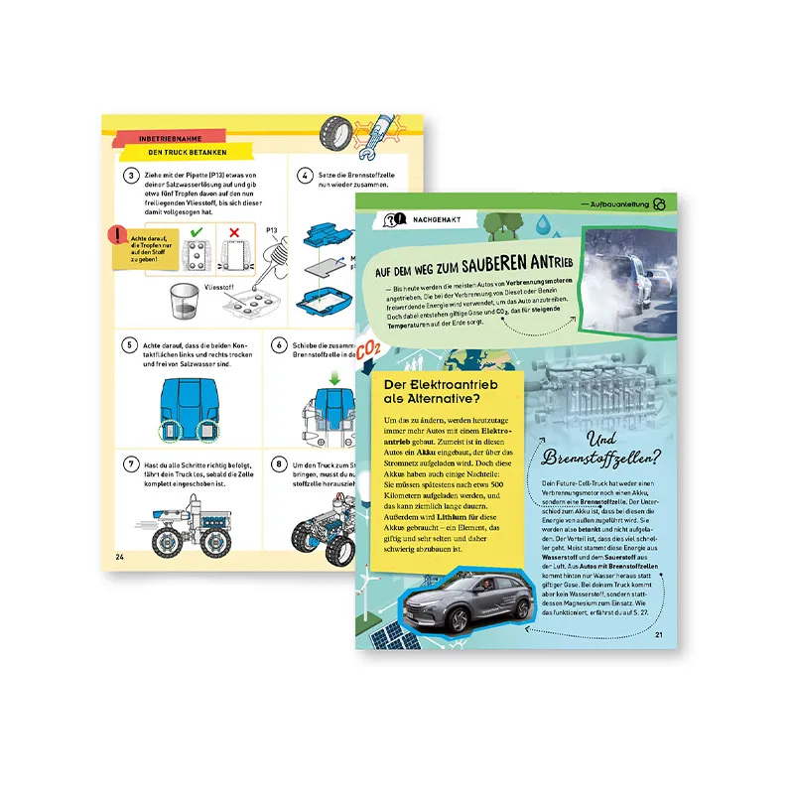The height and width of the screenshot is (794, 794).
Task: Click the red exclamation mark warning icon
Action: [x=120, y=236]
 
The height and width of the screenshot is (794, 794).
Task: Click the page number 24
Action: [x=120, y=555]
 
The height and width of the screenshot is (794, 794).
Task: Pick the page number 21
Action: [x=659, y=636]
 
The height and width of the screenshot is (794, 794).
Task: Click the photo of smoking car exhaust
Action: [x=627, y=267]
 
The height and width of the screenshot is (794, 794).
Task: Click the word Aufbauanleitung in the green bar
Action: [x=616, y=203]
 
